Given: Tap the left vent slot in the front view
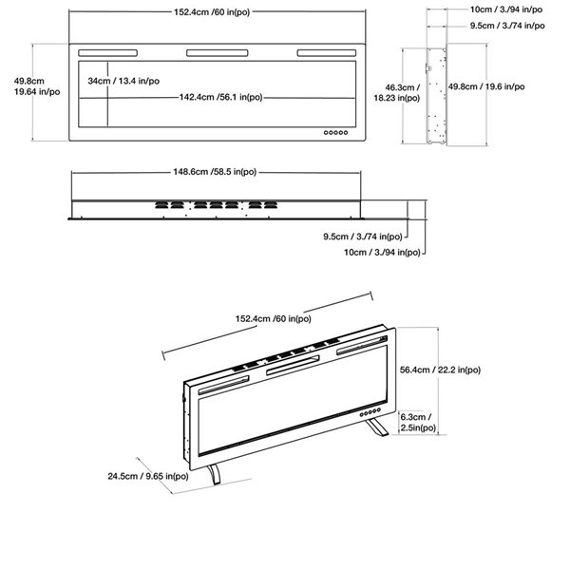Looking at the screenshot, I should point(110,52).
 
